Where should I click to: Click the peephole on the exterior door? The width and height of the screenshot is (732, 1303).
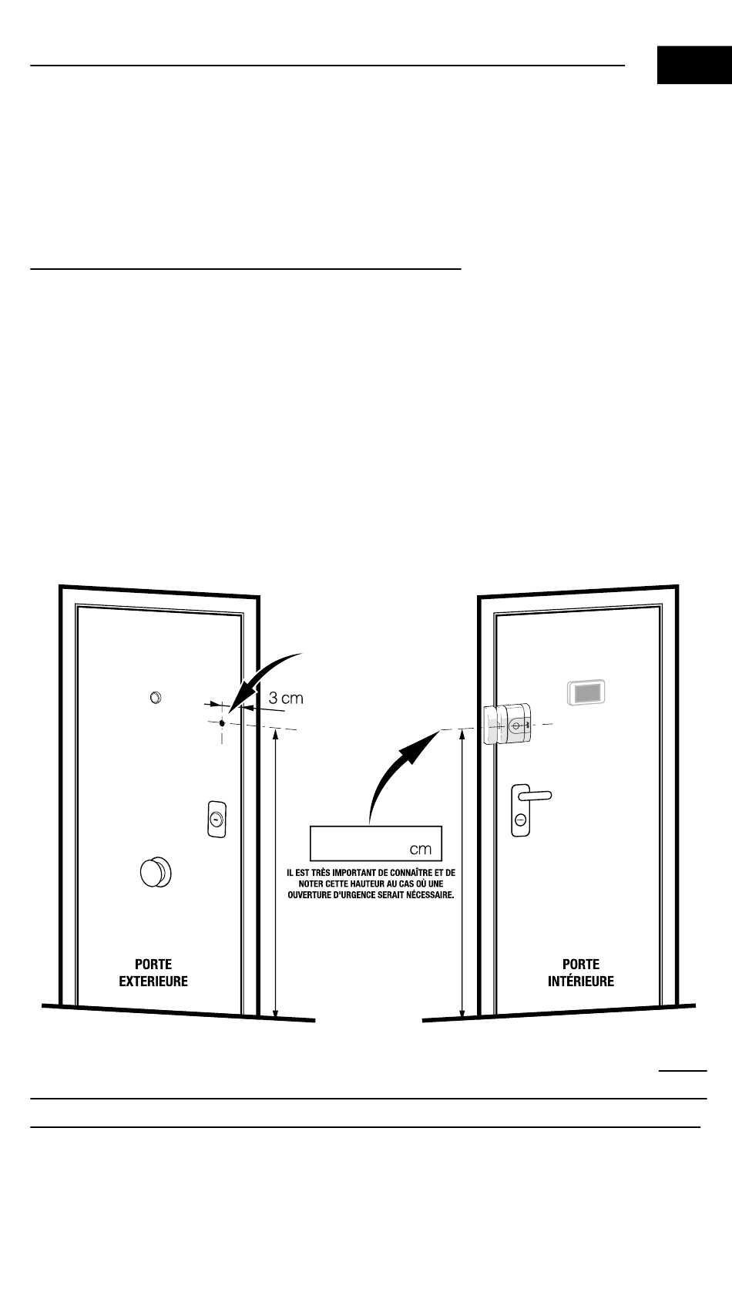(155, 698)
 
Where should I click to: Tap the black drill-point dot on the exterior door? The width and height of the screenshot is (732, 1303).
(222, 723)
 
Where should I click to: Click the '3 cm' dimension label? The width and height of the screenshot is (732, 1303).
(285, 699)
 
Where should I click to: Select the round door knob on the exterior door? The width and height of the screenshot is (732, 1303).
(156, 873)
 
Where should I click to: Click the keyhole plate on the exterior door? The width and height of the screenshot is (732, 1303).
(217, 818)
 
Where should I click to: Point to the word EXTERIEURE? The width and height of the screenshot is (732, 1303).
(153, 981)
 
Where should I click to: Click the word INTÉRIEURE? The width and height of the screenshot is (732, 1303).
(581, 981)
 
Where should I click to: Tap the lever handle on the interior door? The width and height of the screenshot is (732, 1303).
(533, 794)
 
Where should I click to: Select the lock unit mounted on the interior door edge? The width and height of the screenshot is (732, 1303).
(507, 723)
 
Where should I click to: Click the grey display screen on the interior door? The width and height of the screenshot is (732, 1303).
(587, 693)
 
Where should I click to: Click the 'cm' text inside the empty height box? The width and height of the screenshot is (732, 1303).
(420, 849)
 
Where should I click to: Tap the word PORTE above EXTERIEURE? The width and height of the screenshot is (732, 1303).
(153, 964)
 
